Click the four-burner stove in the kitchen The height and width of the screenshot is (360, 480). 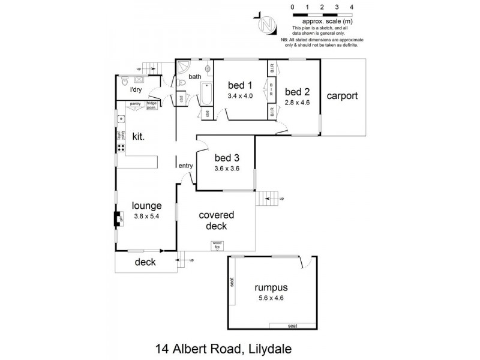[x=120, y=146]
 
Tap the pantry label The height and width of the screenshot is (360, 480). [x=135, y=103]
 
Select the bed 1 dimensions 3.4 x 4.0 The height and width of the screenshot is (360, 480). [x=240, y=95]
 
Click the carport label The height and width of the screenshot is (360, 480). [x=343, y=96]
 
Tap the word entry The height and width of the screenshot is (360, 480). [x=185, y=165]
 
